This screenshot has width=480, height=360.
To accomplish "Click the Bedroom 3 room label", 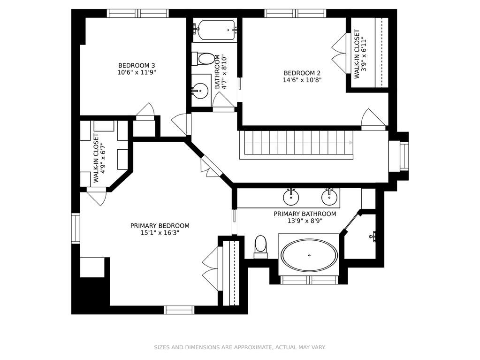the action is [x=137, y=66].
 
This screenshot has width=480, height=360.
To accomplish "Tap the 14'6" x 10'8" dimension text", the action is [x=302, y=80].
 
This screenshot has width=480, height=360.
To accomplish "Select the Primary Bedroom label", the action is [x=160, y=226].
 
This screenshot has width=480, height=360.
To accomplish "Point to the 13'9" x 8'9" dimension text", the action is [x=305, y=221].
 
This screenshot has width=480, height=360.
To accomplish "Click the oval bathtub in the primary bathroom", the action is [x=310, y=255].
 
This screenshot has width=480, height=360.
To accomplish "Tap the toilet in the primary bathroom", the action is [x=260, y=247].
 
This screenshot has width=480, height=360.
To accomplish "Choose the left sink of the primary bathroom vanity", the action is [x=290, y=197].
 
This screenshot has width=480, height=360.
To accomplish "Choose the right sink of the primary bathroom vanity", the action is [x=329, y=197].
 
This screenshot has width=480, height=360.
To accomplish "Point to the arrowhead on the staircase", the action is [x=350, y=143].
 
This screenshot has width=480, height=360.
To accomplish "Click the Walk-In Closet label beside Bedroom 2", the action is [x=357, y=54].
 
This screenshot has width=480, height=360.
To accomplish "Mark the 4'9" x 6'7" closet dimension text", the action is [x=103, y=158].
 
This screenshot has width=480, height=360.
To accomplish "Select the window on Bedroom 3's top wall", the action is [x=138, y=13].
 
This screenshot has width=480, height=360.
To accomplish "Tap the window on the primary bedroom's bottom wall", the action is [x=179, y=310].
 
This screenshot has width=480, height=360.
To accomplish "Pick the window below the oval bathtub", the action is [x=310, y=280].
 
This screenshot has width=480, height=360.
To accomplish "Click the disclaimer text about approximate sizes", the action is [x=240, y=347].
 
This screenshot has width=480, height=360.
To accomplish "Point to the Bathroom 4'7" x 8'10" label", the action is [x=221, y=72].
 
